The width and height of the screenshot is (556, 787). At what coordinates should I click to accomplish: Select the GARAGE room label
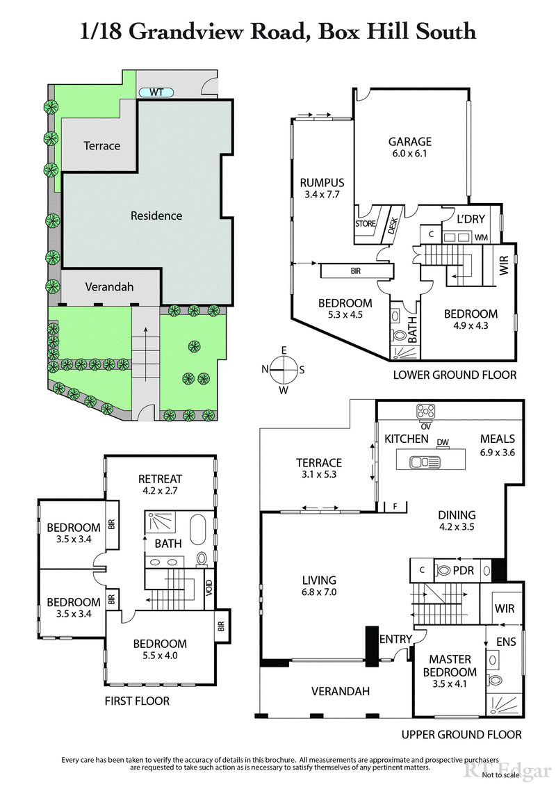[x=409, y=142]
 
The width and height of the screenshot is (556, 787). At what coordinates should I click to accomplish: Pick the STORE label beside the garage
[x=366, y=224]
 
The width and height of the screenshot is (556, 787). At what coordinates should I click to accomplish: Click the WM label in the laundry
[x=481, y=238]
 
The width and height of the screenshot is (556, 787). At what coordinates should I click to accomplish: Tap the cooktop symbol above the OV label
[x=425, y=409]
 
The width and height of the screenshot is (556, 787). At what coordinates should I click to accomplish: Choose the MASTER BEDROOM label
[x=450, y=665]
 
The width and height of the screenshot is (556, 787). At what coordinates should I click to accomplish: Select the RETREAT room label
[x=160, y=478]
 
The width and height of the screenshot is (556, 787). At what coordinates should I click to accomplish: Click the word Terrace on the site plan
[x=102, y=145]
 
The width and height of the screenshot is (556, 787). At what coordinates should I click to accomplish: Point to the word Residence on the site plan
[x=156, y=216]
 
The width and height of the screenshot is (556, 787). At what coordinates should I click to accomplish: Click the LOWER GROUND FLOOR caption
[x=455, y=375]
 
